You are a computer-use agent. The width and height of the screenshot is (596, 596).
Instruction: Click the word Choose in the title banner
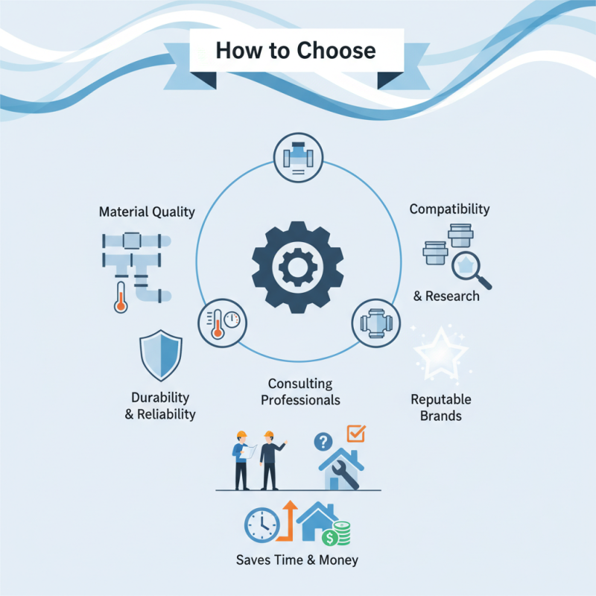click(336, 51)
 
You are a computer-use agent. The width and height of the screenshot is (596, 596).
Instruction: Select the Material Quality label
click(147, 212)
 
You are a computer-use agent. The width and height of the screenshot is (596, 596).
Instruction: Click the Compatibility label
click(450, 209)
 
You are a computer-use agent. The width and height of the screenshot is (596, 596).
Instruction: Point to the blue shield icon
click(161, 355)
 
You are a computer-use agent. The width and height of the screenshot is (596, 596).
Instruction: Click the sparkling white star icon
click(441, 353)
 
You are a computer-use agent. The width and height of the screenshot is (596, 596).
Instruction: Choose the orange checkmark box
click(357, 434)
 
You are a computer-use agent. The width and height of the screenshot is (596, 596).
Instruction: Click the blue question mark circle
click(323, 442)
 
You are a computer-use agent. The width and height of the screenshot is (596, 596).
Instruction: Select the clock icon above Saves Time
click(262, 525)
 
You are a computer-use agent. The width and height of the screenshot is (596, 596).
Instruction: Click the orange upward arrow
click(288, 521)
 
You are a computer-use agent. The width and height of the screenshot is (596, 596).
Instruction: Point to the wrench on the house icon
click(345, 475)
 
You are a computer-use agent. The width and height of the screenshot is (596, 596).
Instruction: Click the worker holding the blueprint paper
click(241, 460)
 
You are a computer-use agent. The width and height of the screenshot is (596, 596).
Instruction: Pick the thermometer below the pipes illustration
click(121, 297)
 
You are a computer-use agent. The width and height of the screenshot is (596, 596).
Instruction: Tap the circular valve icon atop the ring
click(299, 157)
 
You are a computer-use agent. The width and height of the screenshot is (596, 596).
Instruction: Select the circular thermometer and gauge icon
click(222, 323)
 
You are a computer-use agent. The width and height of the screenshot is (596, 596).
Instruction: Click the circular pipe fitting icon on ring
click(376, 323)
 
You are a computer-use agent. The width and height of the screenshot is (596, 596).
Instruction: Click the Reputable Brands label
click(441, 408)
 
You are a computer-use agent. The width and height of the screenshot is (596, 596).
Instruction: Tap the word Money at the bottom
click(339, 560)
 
